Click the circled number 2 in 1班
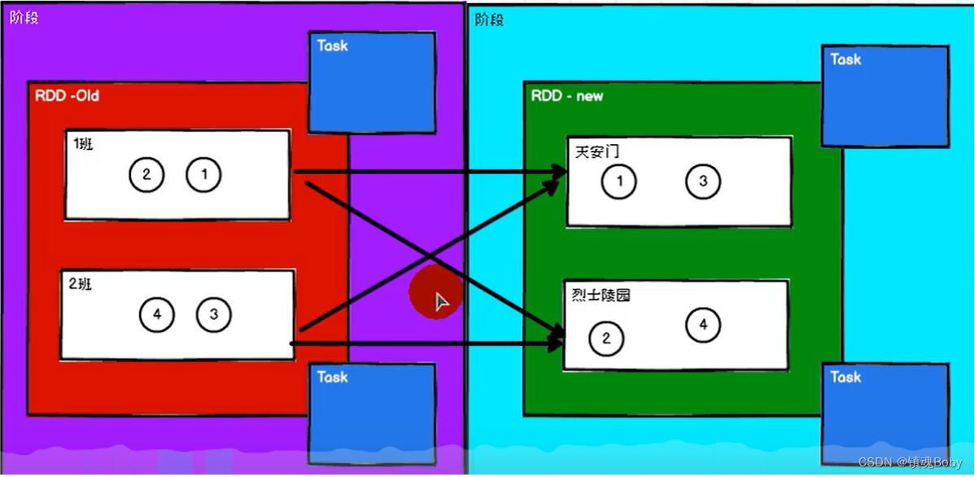[146, 175]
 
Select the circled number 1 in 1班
[203, 174]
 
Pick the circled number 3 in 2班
[214, 315]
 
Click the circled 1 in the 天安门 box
[619, 182]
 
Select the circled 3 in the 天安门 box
[703, 182]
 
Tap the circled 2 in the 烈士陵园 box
[606, 339]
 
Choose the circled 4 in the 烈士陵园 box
[703, 326]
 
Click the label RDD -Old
[67, 96]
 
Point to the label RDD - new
[567, 96]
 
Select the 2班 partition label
[81, 284]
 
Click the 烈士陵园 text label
[601, 295]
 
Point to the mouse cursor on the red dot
[441, 303]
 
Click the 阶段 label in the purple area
[24, 18]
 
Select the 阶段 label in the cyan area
[489, 20]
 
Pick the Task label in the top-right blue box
[846, 59]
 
